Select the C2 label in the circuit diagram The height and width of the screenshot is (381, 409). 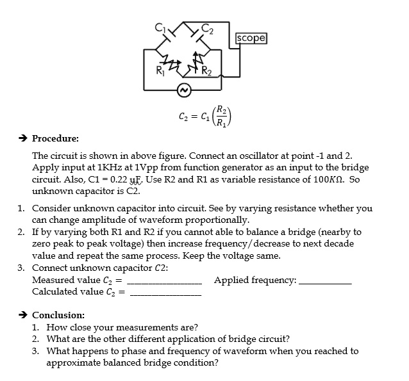pos(206,28)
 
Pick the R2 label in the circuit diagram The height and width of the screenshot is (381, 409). pos(206,70)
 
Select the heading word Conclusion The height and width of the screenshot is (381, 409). pos(58,315)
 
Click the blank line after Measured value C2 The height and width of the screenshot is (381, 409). pos(166,282)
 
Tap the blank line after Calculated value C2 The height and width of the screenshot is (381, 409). pos(166,294)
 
